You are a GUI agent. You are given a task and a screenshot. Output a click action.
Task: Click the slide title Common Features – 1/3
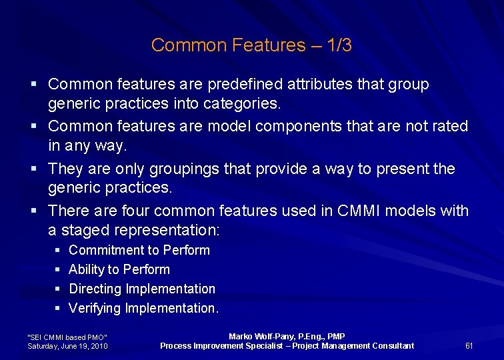pos(251,45)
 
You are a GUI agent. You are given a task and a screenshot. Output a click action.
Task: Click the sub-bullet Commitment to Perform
pos(139,251)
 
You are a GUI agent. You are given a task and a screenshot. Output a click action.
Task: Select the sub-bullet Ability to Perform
pos(119,270)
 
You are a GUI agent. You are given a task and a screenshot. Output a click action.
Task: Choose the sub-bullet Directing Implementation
pos(142,289)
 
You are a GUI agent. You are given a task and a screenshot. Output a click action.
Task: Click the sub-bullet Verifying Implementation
pos(143,309)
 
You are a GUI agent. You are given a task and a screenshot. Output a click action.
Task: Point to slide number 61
pos(469,345)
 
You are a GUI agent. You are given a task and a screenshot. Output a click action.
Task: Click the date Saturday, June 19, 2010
pos(67,346)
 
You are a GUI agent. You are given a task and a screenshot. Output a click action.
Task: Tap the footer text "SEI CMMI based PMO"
pos(67,337)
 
